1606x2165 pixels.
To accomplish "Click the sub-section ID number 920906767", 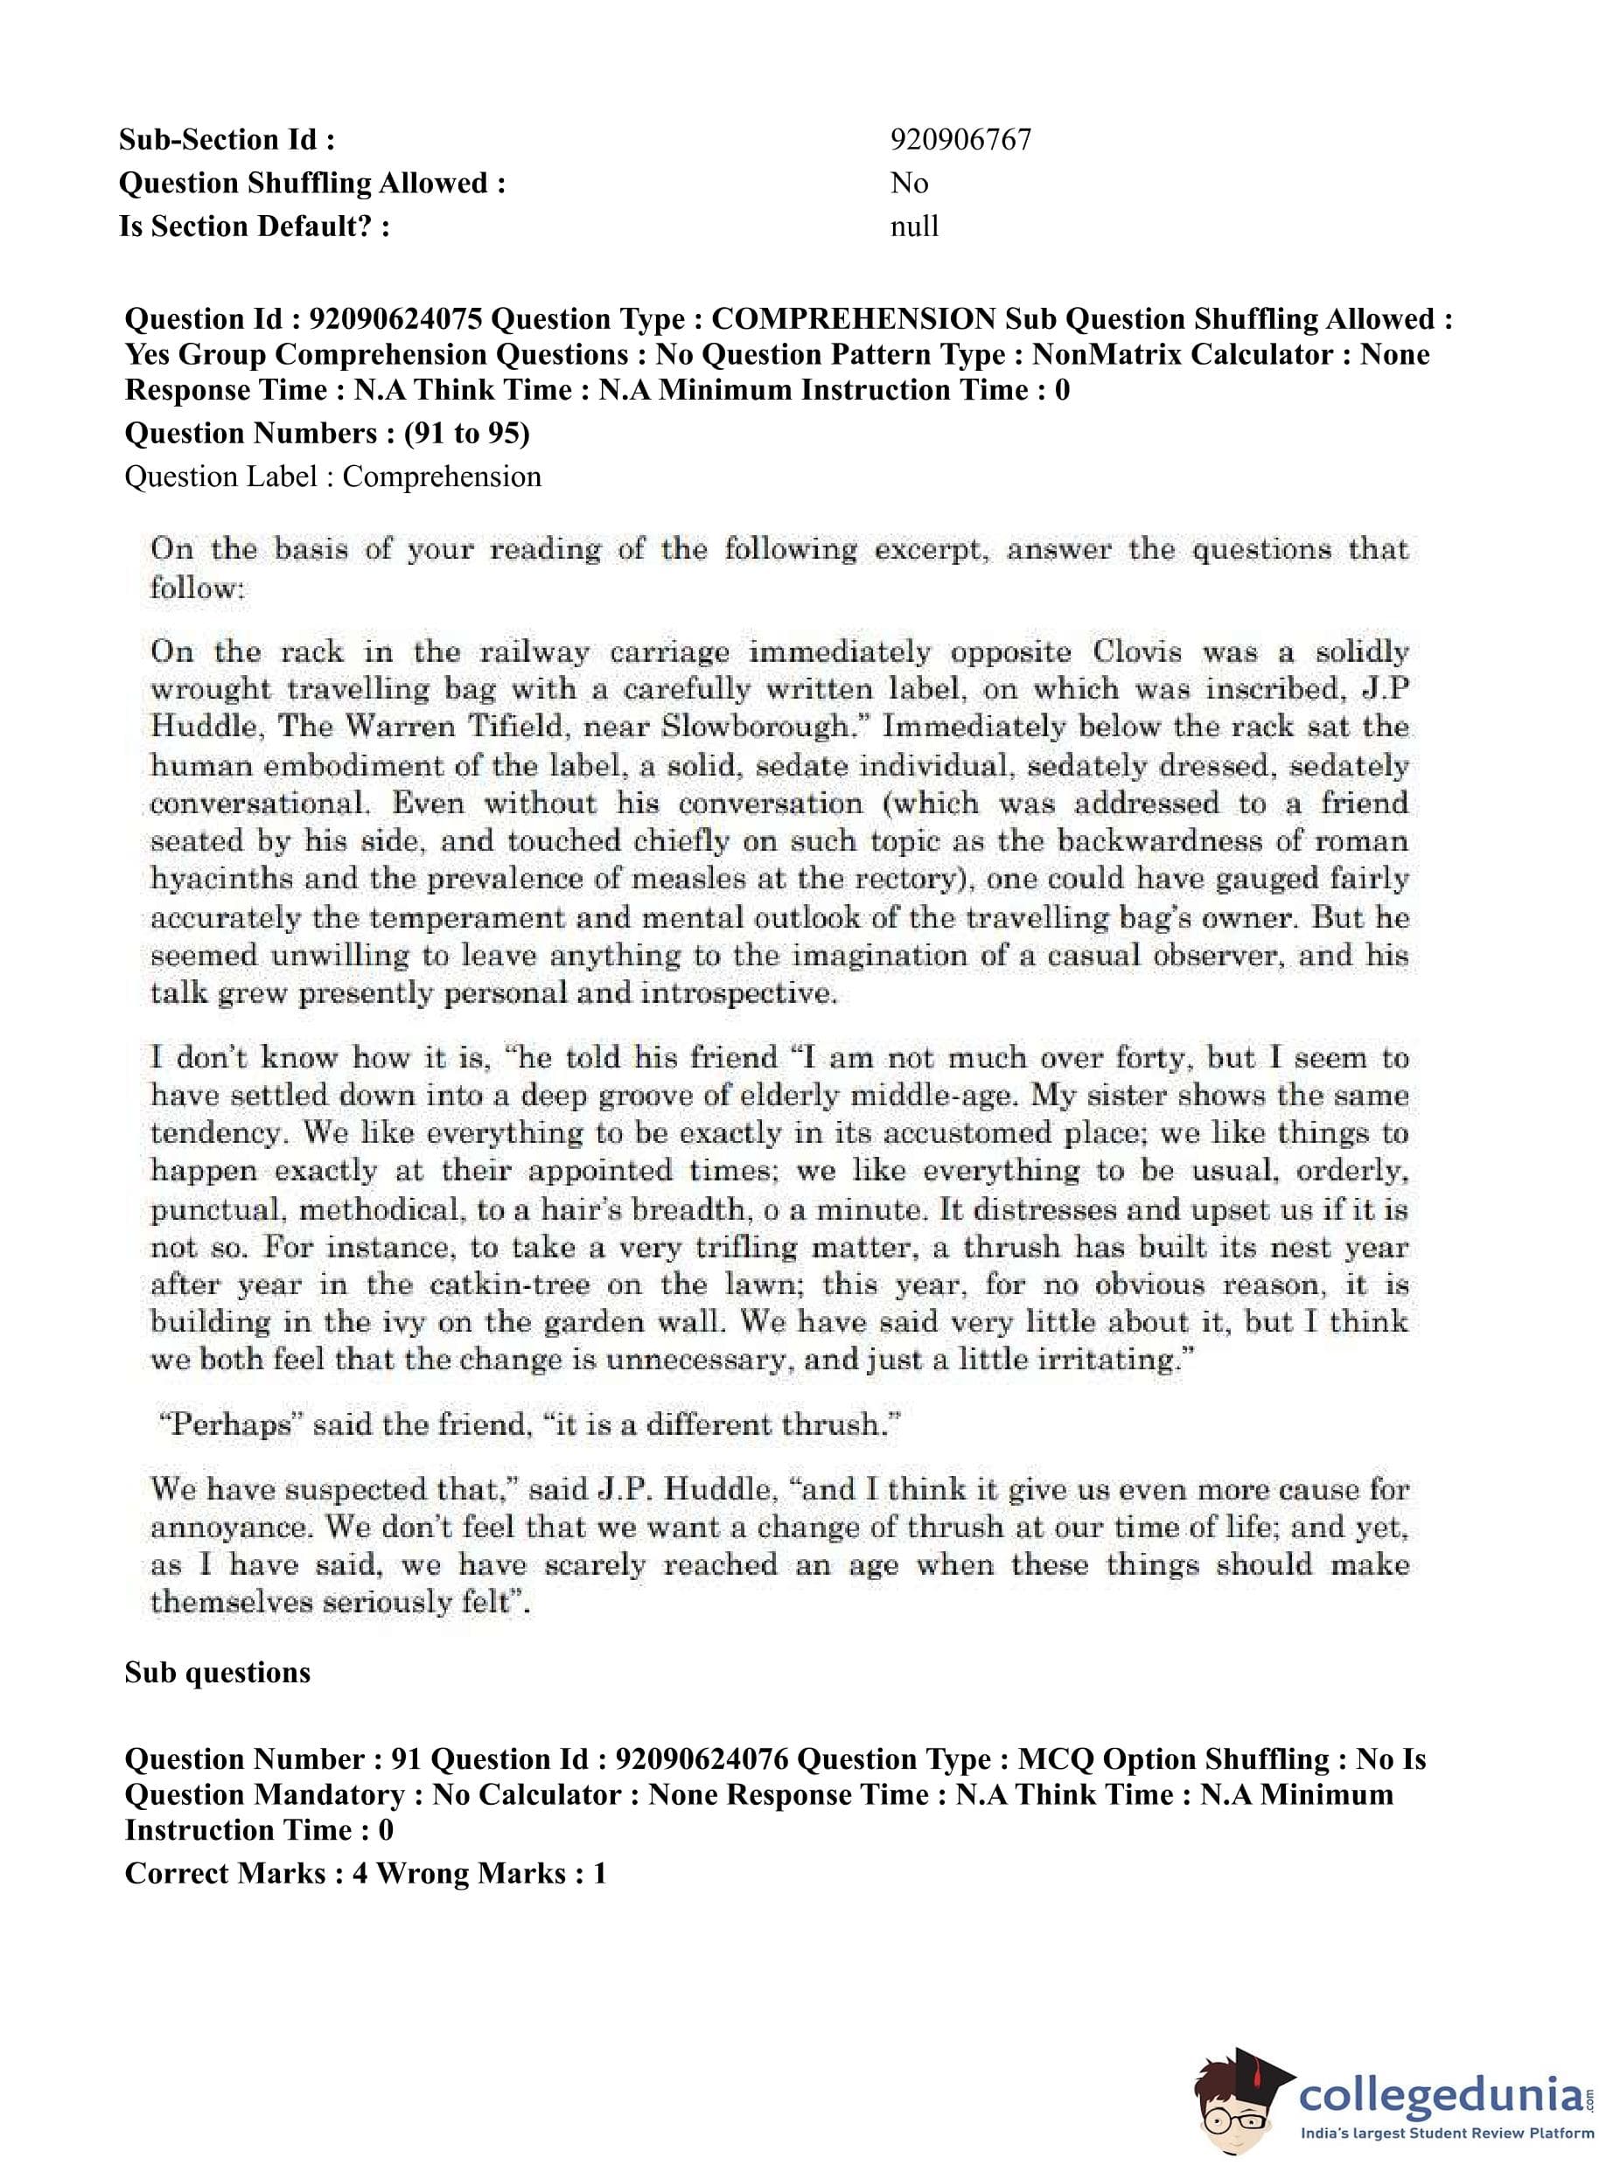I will tap(960, 140).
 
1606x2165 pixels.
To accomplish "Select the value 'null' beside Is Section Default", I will tap(914, 226).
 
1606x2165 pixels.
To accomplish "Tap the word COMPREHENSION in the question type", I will tap(853, 319).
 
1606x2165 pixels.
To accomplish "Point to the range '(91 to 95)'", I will tap(466, 433).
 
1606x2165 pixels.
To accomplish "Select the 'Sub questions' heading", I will tap(218, 1673).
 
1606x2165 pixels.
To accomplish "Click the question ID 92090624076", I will tap(702, 1758).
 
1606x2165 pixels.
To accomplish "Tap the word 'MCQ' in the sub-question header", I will tap(1056, 1758).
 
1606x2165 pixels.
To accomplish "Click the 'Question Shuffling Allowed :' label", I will tap(312, 184).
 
